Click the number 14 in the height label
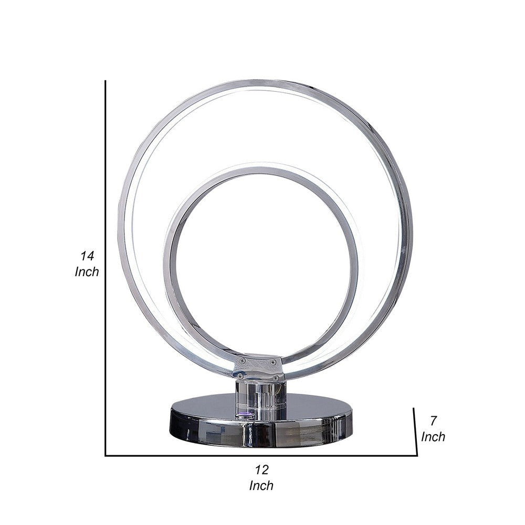(87, 256)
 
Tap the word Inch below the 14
(87, 272)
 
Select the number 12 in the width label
(261, 469)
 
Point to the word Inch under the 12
(261, 486)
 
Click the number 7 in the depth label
(433, 420)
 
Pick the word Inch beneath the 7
(433, 436)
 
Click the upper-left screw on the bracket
(241, 361)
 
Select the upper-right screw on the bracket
(272, 361)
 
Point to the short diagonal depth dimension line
(415, 430)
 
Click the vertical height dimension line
(106, 262)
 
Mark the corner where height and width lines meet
(106, 455)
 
